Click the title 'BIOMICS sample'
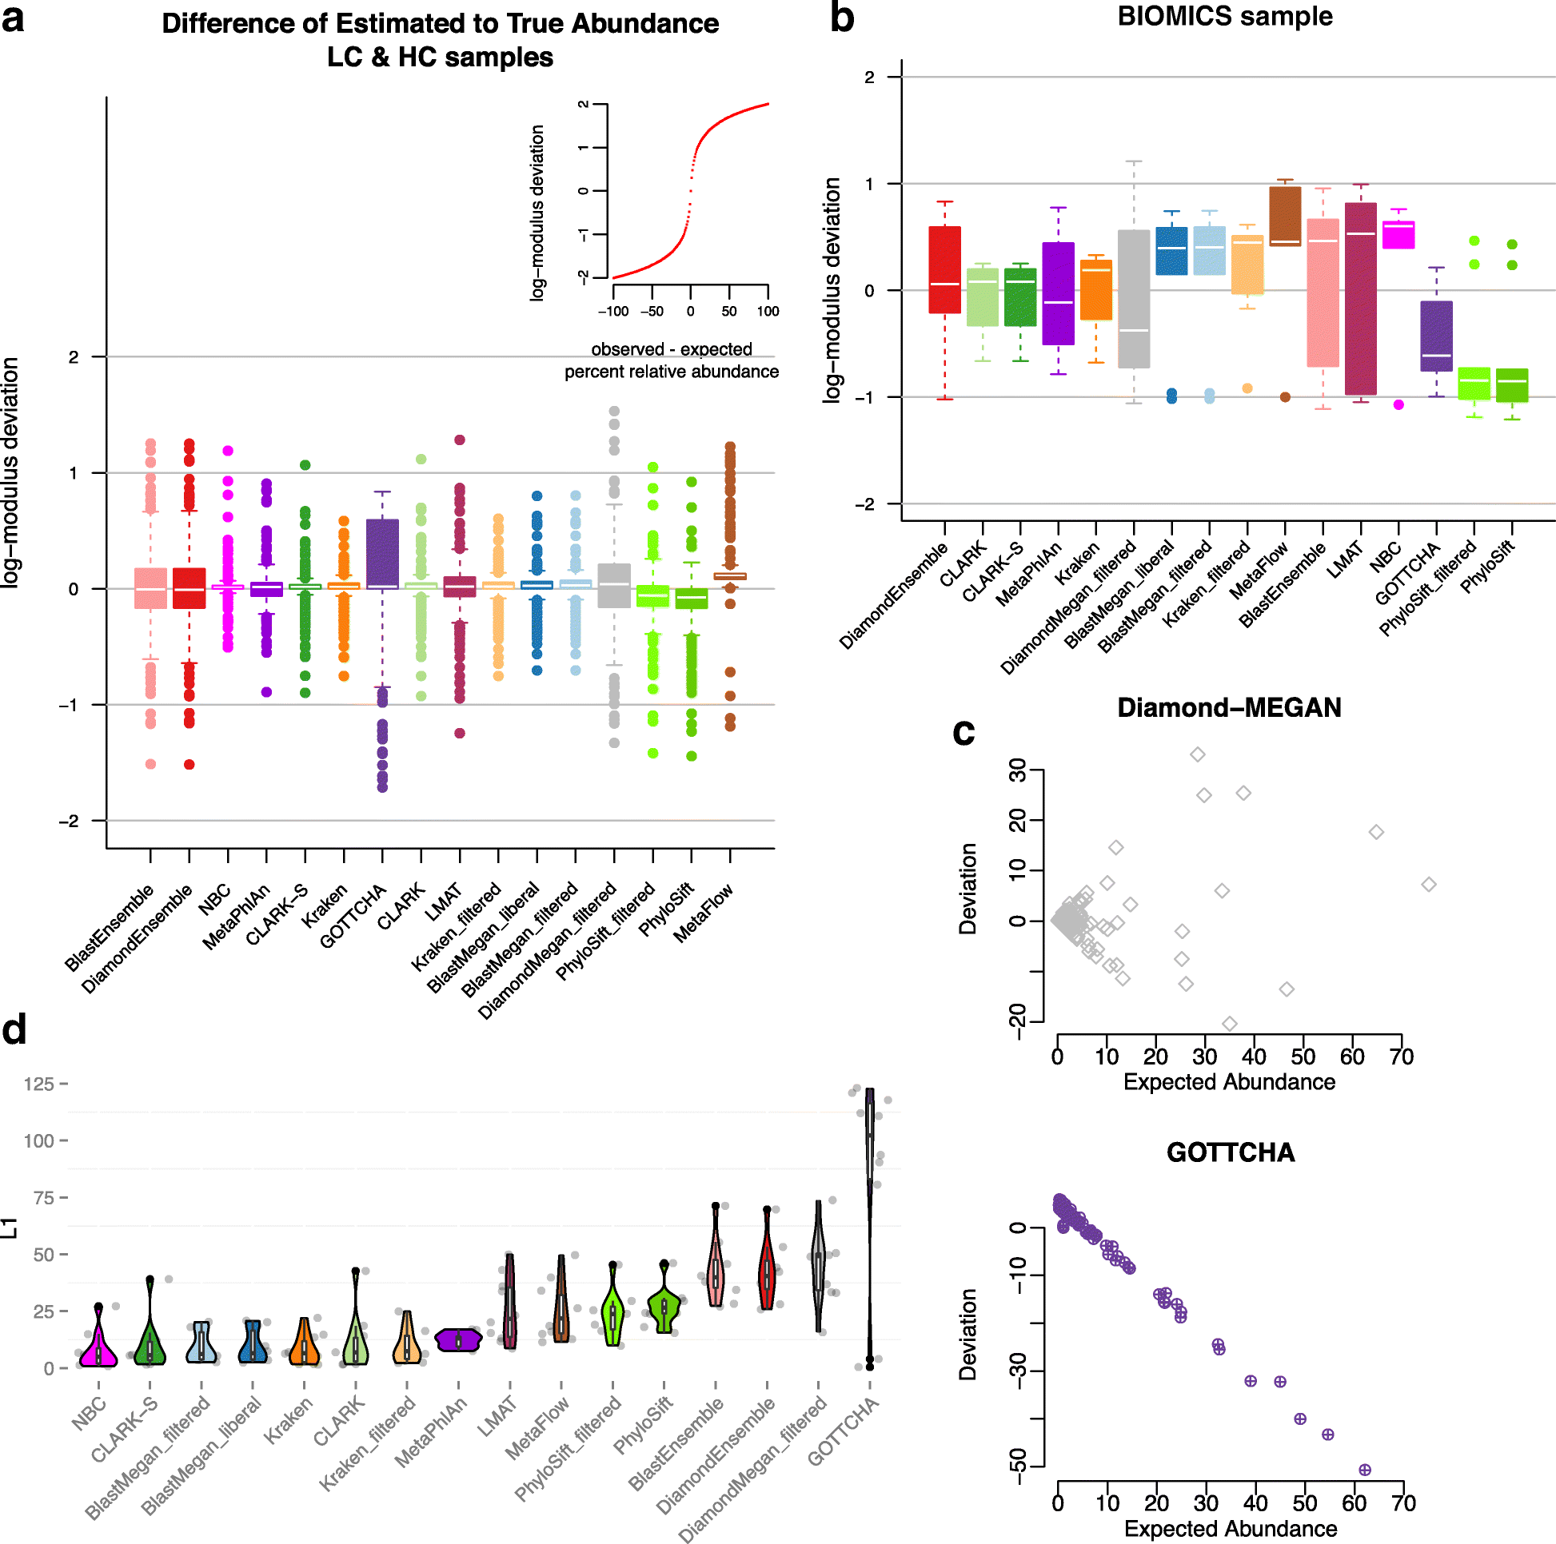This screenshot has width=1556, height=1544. [x=1224, y=16]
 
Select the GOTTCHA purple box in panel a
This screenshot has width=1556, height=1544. [x=382, y=553]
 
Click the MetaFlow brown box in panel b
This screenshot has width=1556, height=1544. [x=1285, y=216]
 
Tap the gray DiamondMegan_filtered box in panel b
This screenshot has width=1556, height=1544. [x=1133, y=299]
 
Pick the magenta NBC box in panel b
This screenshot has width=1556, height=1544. [x=1398, y=235]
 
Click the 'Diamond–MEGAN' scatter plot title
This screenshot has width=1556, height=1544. [x=1229, y=707]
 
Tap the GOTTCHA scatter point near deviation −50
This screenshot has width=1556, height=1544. [x=1364, y=1470]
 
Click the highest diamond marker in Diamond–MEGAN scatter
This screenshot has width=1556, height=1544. [x=1198, y=754]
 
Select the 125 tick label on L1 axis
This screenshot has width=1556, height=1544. [x=38, y=1084]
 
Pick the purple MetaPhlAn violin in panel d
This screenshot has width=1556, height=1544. [x=458, y=1339]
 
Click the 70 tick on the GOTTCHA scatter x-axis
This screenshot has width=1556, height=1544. [x=1403, y=1503]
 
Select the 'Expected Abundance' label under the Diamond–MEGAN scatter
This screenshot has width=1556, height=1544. [x=1229, y=1082]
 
